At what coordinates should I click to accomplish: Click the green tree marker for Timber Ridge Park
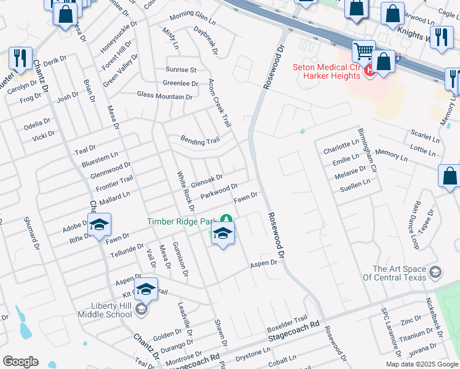(x=227, y=220)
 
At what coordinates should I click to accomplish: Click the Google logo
(x=20, y=362)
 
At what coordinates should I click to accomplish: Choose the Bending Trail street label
(x=200, y=141)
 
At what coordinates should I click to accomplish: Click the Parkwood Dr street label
(x=219, y=191)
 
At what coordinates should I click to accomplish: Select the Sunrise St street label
(x=180, y=70)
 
